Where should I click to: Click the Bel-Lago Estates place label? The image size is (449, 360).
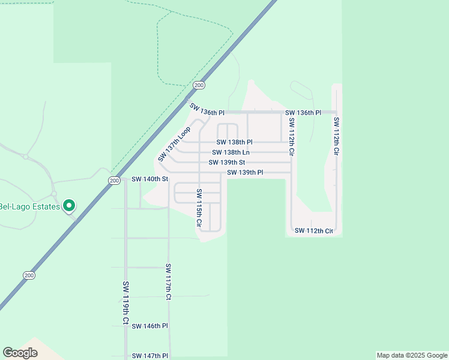click(30, 207)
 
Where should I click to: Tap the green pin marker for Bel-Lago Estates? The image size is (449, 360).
click(69, 206)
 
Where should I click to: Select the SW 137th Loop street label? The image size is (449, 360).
click(174, 144)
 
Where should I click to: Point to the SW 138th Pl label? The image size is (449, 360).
click(234, 143)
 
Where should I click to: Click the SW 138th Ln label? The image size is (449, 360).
click(231, 152)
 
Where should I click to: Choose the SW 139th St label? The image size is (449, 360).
click(227, 163)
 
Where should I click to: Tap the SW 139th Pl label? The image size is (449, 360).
click(245, 173)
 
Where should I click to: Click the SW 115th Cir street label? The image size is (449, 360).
click(198, 208)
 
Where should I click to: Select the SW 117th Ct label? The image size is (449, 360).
click(169, 281)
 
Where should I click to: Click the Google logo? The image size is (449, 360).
click(20, 353)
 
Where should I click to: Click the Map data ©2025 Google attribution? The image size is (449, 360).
click(411, 355)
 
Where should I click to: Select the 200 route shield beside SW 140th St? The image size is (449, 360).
click(115, 180)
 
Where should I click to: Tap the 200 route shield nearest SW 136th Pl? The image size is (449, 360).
click(198, 85)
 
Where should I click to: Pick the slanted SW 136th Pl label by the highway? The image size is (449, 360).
click(206, 110)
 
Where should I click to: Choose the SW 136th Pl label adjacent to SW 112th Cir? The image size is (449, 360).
click(303, 113)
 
